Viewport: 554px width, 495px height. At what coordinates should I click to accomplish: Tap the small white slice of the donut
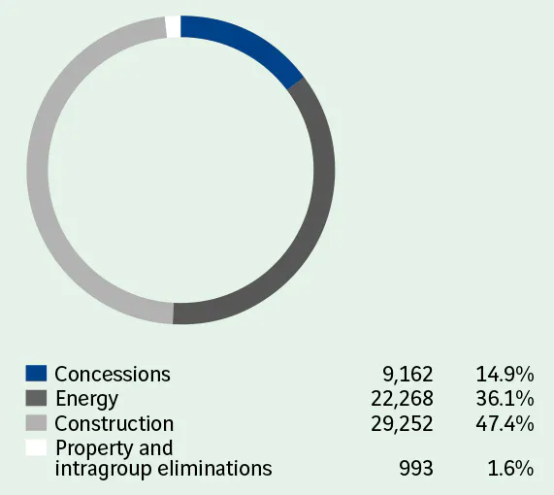click(173, 26)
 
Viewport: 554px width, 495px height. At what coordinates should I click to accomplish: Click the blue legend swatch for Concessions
click(36, 374)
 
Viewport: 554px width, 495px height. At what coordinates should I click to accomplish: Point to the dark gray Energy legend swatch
click(36, 398)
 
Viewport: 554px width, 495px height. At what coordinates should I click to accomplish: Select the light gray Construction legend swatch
click(36, 423)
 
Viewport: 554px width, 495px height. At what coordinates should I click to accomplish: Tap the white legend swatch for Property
click(36, 447)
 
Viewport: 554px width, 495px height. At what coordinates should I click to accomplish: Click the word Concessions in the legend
click(113, 375)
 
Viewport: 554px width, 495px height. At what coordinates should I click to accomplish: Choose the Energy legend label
click(86, 399)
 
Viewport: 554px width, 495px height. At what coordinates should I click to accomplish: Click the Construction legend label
click(114, 424)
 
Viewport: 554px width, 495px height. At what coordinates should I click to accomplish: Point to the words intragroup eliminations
click(163, 469)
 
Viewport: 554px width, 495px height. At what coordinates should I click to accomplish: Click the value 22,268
click(403, 399)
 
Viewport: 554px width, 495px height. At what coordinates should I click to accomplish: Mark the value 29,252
click(403, 424)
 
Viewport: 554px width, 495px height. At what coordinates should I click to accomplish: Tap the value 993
click(417, 469)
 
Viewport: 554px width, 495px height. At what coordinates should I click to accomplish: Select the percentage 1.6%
click(510, 469)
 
